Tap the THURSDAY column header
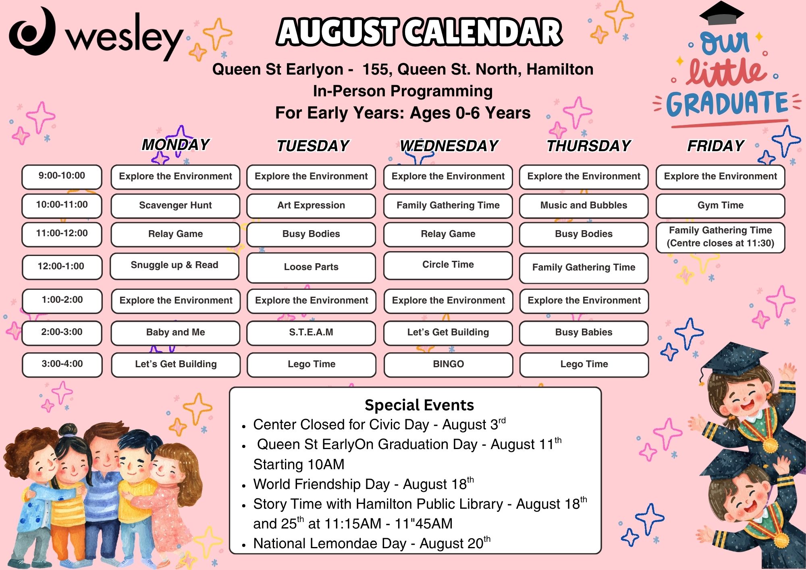click(589, 146)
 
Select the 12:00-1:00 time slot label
click(62, 266)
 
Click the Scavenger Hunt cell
click(175, 206)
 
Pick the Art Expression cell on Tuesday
click(311, 206)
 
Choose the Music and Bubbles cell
click(584, 206)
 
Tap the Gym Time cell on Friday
click(721, 206)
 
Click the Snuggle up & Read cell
click(174, 266)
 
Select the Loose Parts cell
click(311, 267)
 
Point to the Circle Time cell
click(448, 265)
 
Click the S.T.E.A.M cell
click(311, 333)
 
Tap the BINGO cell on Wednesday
click(449, 364)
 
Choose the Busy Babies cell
click(584, 333)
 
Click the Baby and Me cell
click(175, 333)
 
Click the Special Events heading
click(419, 405)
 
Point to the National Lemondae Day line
click(372, 543)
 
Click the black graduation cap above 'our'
click(721, 13)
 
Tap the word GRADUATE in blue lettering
click(727, 104)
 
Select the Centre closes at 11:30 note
click(721, 243)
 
